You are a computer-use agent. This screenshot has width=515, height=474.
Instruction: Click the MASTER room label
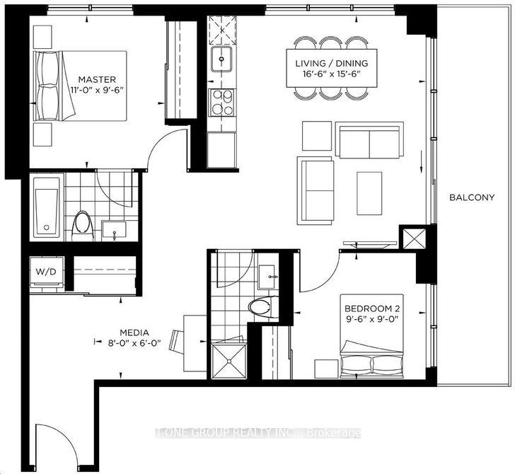(x=97, y=79)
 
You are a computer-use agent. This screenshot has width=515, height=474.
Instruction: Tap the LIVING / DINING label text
(x=331, y=64)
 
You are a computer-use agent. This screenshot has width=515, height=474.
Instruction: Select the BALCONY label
(x=472, y=197)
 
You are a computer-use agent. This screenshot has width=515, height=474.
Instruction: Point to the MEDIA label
(x=134, y=333)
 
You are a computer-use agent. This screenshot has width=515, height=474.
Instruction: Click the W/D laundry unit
(x=46, y=272)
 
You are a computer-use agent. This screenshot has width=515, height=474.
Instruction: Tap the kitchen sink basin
(x=221, y=59)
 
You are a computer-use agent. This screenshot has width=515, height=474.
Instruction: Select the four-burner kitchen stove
(x=221, y=103)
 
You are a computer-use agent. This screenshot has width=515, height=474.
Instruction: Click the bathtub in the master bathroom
(x=46, y=207)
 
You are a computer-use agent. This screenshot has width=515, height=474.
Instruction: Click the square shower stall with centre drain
(x=228, y=361)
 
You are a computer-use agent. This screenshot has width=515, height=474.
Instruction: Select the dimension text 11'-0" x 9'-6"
(x=96, y=90)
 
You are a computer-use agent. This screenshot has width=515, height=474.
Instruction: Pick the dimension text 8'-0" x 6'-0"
(x=134, y=343)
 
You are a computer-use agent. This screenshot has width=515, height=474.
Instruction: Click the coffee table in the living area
(x=369, y=193)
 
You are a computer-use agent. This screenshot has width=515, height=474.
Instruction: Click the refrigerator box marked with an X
(x=222, y=30)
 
